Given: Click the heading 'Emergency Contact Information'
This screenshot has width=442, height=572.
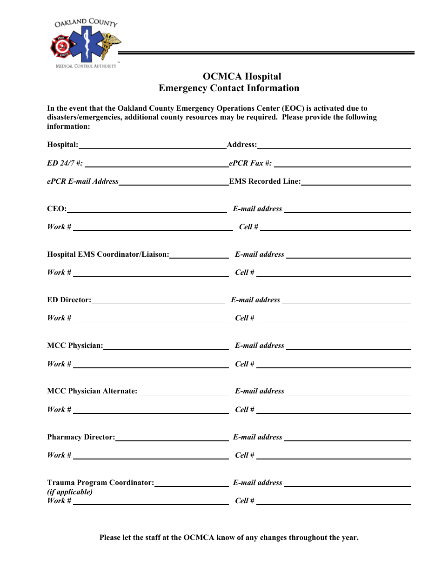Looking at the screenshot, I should pos(229,88).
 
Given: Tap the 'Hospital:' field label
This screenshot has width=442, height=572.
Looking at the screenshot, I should pos(63,145).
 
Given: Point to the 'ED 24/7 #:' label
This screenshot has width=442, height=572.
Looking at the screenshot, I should pos(65,163).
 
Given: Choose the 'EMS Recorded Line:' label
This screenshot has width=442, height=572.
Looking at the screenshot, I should pos(265,181).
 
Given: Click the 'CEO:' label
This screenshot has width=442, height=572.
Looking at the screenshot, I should pos(57,209).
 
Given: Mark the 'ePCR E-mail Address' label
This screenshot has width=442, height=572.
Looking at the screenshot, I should pos(83,181).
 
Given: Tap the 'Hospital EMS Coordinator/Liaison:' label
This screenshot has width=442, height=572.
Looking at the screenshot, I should pos(108,254).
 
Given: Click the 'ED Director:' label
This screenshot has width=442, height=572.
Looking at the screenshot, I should pos(69,300).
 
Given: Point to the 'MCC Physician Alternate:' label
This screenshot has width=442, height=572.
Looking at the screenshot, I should pos(92,391).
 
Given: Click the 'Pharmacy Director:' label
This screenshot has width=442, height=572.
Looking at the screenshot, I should pos(81,437).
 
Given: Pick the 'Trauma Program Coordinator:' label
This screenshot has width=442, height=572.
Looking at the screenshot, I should pos(100,483).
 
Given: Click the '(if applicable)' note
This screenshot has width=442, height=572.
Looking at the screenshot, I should pos(70,492).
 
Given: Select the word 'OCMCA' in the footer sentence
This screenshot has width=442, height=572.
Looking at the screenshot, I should pos(199,538).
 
